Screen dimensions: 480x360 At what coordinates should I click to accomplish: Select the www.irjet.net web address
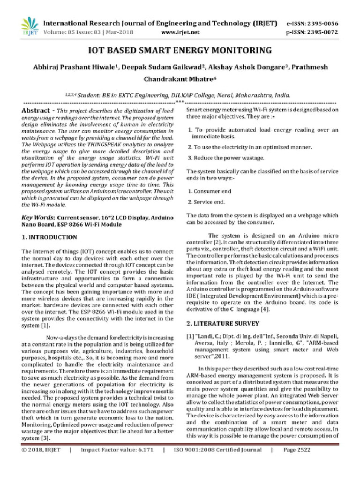click(x=180, y=32)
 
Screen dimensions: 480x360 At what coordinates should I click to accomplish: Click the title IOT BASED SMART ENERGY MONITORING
click(x=180, y=50)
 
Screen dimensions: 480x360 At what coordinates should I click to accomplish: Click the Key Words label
click(x=38, y=218)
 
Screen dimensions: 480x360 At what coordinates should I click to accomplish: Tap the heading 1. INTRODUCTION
click(x=50, y=237)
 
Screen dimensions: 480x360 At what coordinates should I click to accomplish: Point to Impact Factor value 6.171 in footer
click(x=117, y=463)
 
